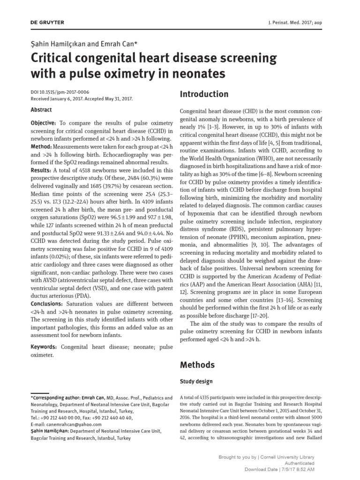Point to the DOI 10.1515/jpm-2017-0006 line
pyautogui.click(x=60, y=93)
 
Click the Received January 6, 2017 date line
pyautogui.click(x=82, y=99)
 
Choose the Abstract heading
pyautogui.click(x=41, y=109)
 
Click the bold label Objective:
pyautogui.click(x=43, y=122)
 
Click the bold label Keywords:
pyautogui.click(x=44, y=346)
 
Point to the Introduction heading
pyautogui.click(x=204, y=94)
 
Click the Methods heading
pyautogui.click(x=197, y=365)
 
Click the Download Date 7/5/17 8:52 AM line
pyautogui.click(x=279, y=469)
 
